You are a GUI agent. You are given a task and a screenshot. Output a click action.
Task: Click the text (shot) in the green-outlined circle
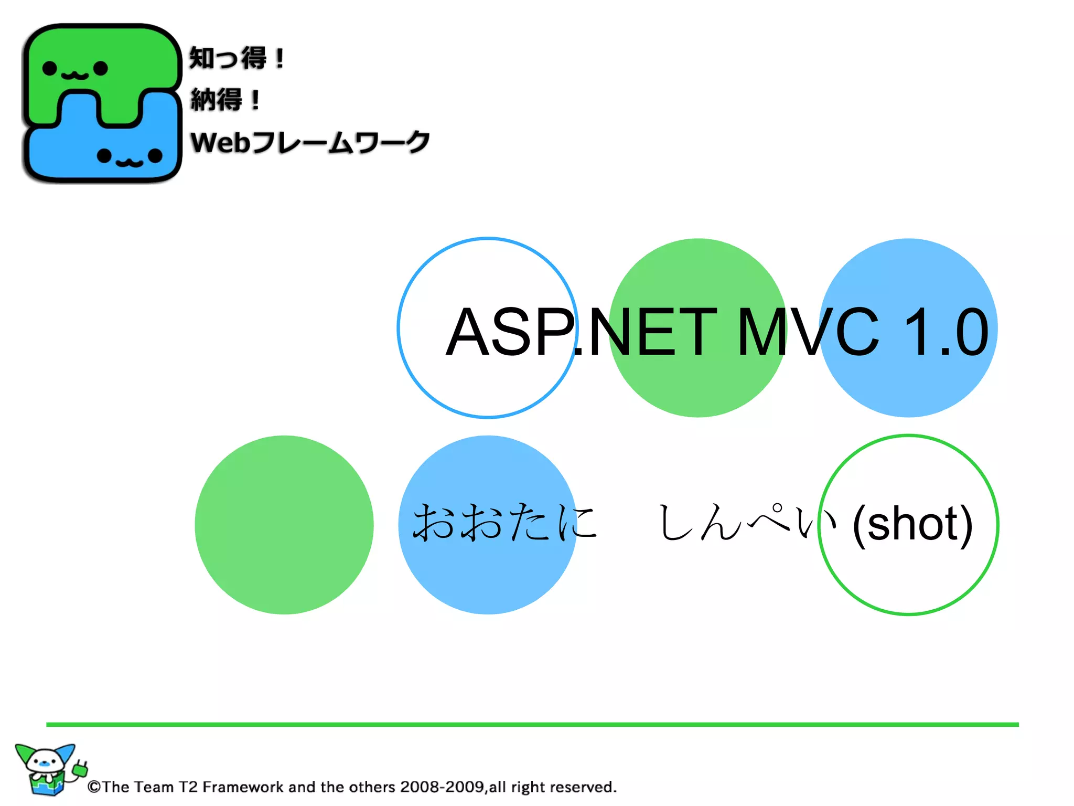(x=912, y=524)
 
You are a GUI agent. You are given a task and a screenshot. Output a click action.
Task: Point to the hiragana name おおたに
(x=504, y=523)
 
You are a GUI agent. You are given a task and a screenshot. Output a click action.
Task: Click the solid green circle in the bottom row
(x=284, y=525)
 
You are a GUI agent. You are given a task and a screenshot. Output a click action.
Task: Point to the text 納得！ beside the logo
(x=225, y=100)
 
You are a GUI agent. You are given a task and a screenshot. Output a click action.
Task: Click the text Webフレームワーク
(x=309, y=143)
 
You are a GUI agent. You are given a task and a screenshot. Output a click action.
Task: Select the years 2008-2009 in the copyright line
(x=442, y=787)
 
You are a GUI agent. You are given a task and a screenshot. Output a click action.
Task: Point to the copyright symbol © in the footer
(x=94, y=787)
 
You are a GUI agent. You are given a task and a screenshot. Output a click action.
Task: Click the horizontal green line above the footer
(x=532, y=725)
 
